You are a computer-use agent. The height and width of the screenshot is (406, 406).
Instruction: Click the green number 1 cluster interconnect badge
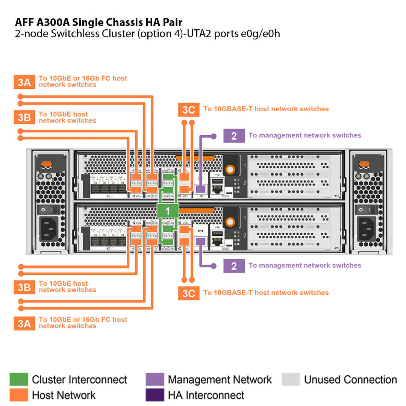(168, 211)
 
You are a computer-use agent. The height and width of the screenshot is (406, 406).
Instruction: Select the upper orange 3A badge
(24, 82)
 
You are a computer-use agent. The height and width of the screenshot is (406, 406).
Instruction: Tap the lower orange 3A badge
(24, 323)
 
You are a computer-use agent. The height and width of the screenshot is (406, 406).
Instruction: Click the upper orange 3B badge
(24, 117)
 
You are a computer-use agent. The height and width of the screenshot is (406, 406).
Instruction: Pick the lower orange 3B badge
(24, 287)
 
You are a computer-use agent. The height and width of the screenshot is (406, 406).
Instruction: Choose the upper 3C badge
(188, 109)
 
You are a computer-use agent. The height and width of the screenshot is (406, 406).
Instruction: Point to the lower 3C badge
(188, 293)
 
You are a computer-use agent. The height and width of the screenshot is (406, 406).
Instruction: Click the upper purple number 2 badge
(234, 136)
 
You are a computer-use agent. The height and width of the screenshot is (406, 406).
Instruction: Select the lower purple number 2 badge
(234, 266)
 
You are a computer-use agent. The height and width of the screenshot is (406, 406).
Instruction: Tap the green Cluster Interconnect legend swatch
(19, 380)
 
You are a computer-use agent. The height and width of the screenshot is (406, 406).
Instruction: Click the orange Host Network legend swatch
(19, 395)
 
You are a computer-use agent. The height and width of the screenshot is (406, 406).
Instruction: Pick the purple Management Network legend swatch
(155, 380)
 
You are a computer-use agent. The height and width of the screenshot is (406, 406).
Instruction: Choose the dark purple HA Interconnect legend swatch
(155, 395)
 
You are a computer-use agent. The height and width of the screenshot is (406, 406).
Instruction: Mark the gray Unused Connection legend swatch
(291, 380)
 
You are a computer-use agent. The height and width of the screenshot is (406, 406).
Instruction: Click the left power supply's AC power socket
(49, 229)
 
